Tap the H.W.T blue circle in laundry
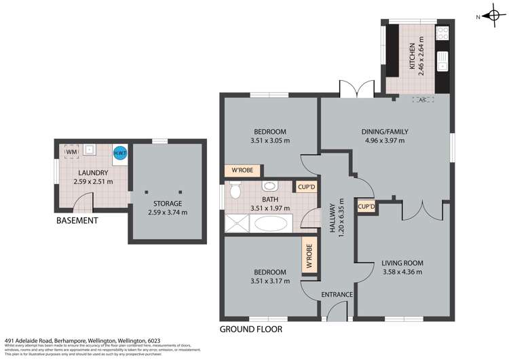coord(119,154)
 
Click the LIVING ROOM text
coord(402,263)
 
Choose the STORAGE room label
coord(167,203)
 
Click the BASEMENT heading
coord(77,221)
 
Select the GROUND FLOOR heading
coord(250,329)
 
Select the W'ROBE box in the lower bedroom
coord(309,256)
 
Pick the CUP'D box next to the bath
coord(303,187)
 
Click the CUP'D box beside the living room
coord(366,206)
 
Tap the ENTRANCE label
coord(337,294)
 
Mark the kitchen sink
coord(441,62)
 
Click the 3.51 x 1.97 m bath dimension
coord(270,209)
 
